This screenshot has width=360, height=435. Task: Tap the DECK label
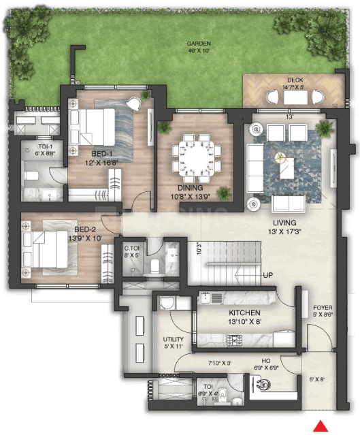(295, 80)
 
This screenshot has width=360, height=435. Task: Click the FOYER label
(319, 308)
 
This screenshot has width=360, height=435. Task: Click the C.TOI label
(131, 249)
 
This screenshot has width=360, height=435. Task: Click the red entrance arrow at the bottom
(318, 427)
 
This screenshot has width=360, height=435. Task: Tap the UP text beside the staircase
(269, 276)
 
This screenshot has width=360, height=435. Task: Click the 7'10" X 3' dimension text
(217, 363)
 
